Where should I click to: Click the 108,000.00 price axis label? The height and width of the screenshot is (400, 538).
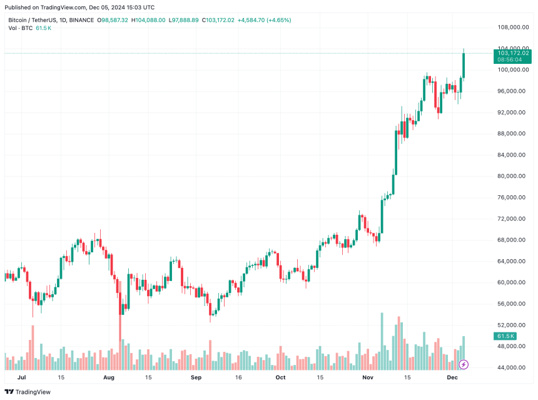click(511, 28)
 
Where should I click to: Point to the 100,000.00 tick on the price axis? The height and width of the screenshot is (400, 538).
click(511, 70)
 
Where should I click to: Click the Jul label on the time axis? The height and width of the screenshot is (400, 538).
click(22, 378)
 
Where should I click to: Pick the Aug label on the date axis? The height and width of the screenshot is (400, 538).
click(109, 378)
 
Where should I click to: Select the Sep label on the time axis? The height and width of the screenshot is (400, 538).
click(196, 378)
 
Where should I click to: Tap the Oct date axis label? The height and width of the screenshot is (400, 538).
click(280, 378)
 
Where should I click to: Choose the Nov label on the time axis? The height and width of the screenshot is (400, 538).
click(368, 378)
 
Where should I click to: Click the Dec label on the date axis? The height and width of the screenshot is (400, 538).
click(452, 378)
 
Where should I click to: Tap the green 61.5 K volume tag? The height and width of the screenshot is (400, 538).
click(505, 336)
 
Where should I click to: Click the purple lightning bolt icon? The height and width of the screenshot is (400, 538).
click(464, 364)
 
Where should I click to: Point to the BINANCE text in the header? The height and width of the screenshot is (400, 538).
click(81, 20)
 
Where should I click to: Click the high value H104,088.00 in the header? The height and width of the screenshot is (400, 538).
click(148, 20)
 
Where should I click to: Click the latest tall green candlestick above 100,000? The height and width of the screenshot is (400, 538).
click(464, 65)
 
